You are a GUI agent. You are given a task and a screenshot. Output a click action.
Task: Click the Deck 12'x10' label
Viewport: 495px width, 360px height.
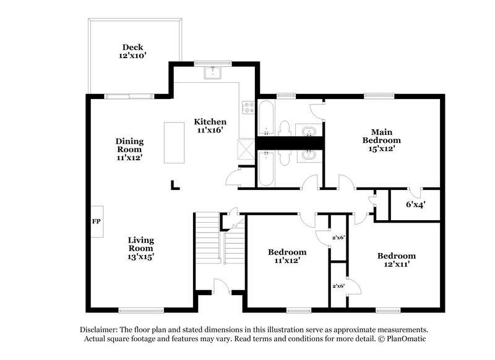tap(132, 51)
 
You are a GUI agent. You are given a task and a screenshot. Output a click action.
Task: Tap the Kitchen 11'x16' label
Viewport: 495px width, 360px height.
tap(210, 126)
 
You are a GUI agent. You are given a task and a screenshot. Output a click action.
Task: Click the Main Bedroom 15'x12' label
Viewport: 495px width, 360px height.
tap(382, 140)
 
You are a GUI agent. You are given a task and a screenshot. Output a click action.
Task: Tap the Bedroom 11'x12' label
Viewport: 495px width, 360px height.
tap(287, 256)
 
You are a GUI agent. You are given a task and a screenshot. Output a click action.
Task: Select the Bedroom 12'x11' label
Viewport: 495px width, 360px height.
tap(397, 260)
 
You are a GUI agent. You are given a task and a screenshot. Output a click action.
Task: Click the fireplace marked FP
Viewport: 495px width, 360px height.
tap(97, 221)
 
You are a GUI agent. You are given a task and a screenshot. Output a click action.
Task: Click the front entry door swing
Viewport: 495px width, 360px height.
tap(221, 286)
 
